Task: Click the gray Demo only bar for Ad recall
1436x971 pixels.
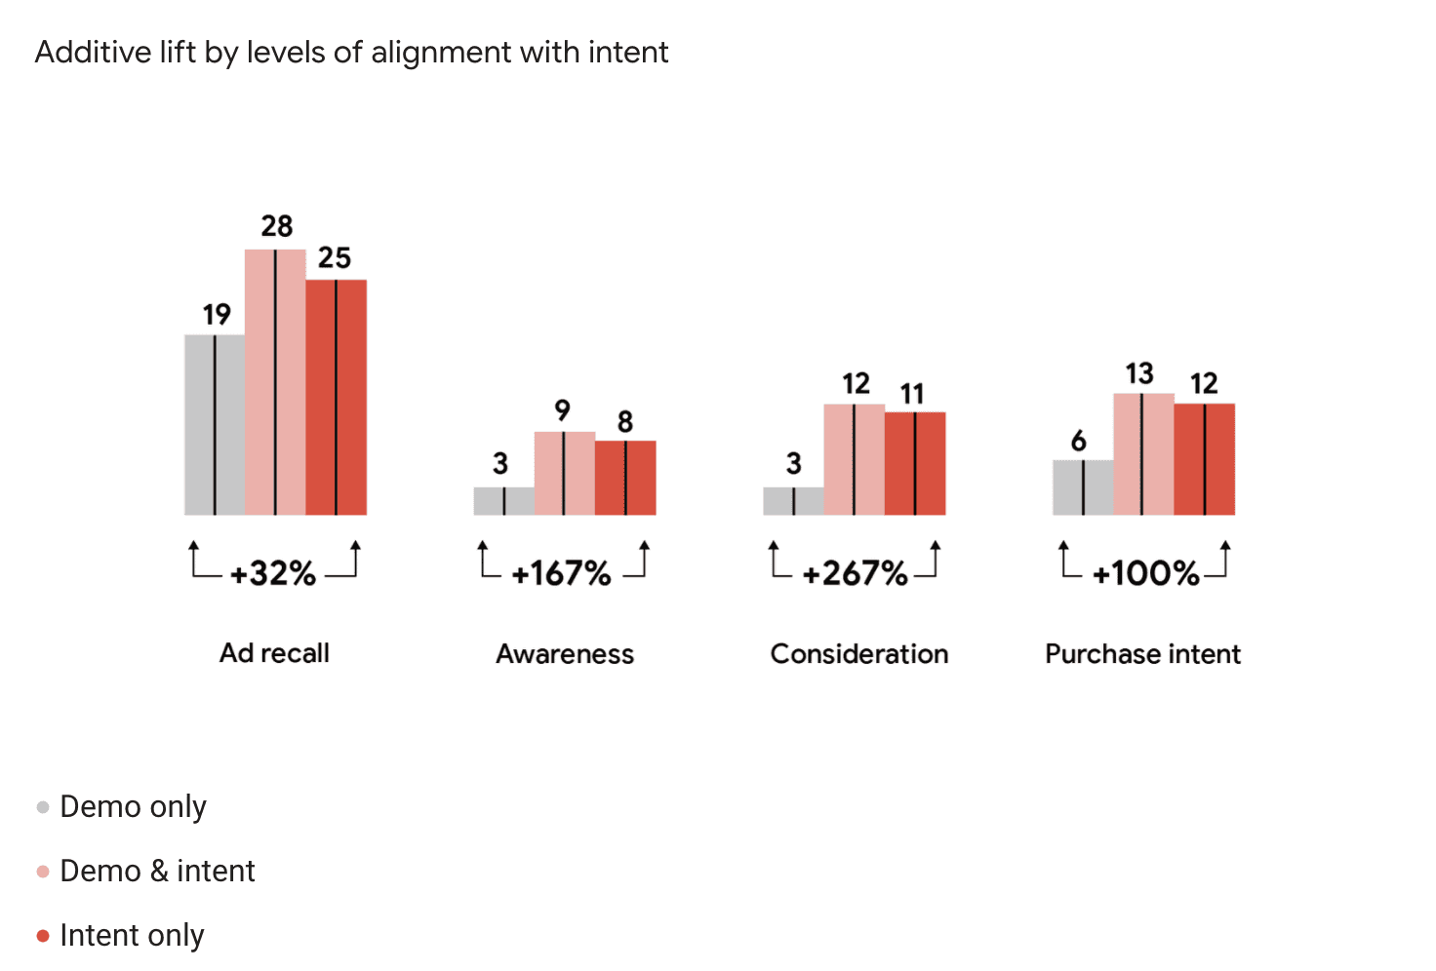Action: pos(215,425)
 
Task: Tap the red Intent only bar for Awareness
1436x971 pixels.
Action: pos(625,478)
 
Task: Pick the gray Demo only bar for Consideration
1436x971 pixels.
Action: pos(793,501)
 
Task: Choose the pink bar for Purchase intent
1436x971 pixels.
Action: pos(1143,454)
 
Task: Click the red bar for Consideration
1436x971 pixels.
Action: pos(915,464)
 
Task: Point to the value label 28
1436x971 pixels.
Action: pos(277,226)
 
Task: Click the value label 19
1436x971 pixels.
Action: pos(217,314)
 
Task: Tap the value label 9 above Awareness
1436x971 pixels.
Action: pos(562,409)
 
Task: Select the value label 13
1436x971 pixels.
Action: pos(1139,373)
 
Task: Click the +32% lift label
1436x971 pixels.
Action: pos(273,573)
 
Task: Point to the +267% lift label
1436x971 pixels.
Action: pos(855,573)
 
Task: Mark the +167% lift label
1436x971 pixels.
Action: pos(562,573)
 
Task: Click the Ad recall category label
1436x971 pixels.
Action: pos(274,653)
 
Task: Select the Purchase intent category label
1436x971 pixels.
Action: pos(1142,653)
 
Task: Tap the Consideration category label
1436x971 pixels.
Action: pos(858,653)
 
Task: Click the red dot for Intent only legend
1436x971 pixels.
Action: pos(43,936)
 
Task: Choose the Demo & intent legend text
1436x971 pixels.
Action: pos(157,871)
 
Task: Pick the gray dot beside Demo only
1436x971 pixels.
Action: pos(43,807)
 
